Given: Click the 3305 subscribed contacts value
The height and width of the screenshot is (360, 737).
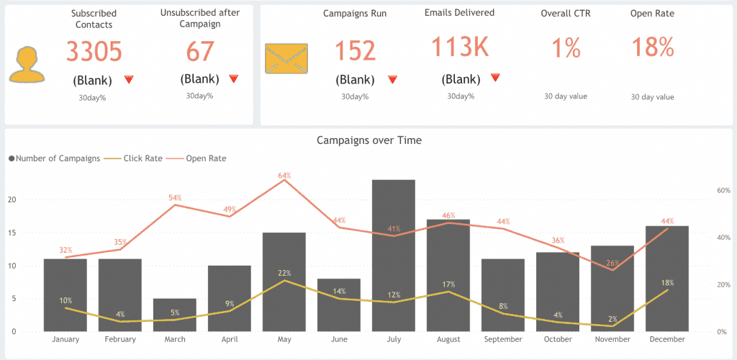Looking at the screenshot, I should point(94,52).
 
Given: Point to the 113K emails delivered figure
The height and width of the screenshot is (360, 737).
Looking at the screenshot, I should point(460,48).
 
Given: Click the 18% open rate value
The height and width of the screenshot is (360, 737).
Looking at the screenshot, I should point(652,48).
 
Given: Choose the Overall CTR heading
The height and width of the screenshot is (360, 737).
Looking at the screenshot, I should point(565,14).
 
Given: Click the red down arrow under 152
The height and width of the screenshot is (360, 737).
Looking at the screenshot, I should point(392,79).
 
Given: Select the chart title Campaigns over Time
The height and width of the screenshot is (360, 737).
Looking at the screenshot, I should point(368,140).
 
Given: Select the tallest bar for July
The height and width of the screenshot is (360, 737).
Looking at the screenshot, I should point(393,256).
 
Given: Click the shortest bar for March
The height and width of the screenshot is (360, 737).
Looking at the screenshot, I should point(174,315).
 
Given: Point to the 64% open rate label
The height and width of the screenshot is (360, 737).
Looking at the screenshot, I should point(284,176).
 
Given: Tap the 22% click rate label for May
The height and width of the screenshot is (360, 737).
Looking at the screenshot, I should point(284,273).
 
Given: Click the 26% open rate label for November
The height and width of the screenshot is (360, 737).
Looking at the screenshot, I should point(612,263).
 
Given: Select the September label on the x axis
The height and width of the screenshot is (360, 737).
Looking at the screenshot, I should point(502,339).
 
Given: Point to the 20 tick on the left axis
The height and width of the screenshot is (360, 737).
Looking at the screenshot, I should point(12,200).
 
